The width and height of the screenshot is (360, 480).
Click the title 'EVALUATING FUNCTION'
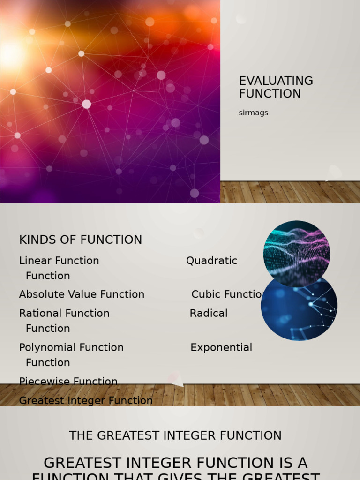click(276, 87)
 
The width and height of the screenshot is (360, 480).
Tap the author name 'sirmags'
click(253, 113)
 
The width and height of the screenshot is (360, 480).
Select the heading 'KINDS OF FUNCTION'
click(80, 240)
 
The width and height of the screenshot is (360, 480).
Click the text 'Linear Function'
click(59, 261)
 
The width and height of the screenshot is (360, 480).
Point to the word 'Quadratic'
click(211, 261)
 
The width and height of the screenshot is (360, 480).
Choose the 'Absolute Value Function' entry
click(82, 294)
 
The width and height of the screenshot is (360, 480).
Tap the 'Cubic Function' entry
click(227, 294)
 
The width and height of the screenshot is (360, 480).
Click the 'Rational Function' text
click(64, 313)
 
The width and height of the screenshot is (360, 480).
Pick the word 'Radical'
click(209, 313)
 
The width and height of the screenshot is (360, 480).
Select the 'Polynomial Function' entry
click(71, 347)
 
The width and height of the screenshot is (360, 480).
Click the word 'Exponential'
click(221, 347)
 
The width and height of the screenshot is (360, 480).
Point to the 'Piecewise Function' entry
click(68, 382)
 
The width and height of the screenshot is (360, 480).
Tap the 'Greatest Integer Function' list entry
click(86, 401)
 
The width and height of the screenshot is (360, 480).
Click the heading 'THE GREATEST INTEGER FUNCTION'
click(175, 435)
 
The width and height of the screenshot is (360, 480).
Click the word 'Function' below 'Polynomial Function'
click(48, 363)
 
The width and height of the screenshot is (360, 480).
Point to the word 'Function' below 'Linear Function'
click(48, 276)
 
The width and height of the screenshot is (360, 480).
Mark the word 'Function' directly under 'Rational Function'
click(48, 329)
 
